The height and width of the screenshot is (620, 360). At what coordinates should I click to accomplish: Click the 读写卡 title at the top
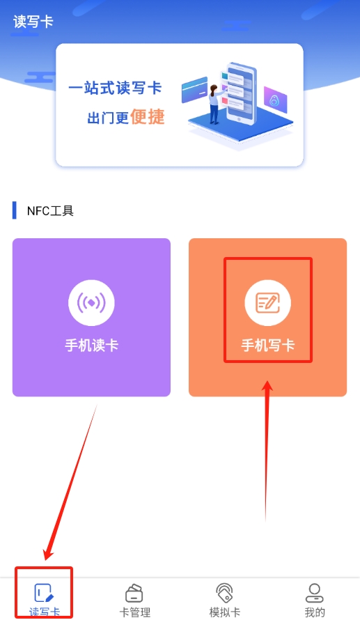point(33,22)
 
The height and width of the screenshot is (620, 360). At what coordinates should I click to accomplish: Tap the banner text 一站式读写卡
point(115,88)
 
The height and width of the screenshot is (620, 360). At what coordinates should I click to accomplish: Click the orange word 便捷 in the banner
point(147,116)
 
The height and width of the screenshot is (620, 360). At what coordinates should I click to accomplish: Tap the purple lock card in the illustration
point(275,100)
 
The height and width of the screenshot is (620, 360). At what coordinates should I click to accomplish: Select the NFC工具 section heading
point(50,211)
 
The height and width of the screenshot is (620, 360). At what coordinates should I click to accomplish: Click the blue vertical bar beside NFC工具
point(15,210)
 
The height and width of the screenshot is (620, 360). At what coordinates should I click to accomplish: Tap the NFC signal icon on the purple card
point(91,303)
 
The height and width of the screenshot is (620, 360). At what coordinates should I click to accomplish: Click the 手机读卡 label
point(91,346)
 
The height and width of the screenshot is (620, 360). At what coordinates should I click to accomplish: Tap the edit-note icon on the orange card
point(268,303)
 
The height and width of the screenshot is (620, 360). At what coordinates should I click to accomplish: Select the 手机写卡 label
point(268,346)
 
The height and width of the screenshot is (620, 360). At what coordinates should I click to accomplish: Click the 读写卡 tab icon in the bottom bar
point(44,593)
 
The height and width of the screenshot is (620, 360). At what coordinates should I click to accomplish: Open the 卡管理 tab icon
point(134,593)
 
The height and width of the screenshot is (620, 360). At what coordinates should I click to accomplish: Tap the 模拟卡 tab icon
point(224,593)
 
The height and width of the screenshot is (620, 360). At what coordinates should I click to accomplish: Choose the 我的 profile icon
point(315,593)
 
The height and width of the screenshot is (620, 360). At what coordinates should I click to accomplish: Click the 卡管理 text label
point(135,612)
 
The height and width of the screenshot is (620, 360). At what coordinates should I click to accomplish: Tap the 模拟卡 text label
point(225,612)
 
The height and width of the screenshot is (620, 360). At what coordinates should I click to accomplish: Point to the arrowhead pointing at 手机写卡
point(268,387)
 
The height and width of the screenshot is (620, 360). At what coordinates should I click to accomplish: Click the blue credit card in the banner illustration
point(194,90)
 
